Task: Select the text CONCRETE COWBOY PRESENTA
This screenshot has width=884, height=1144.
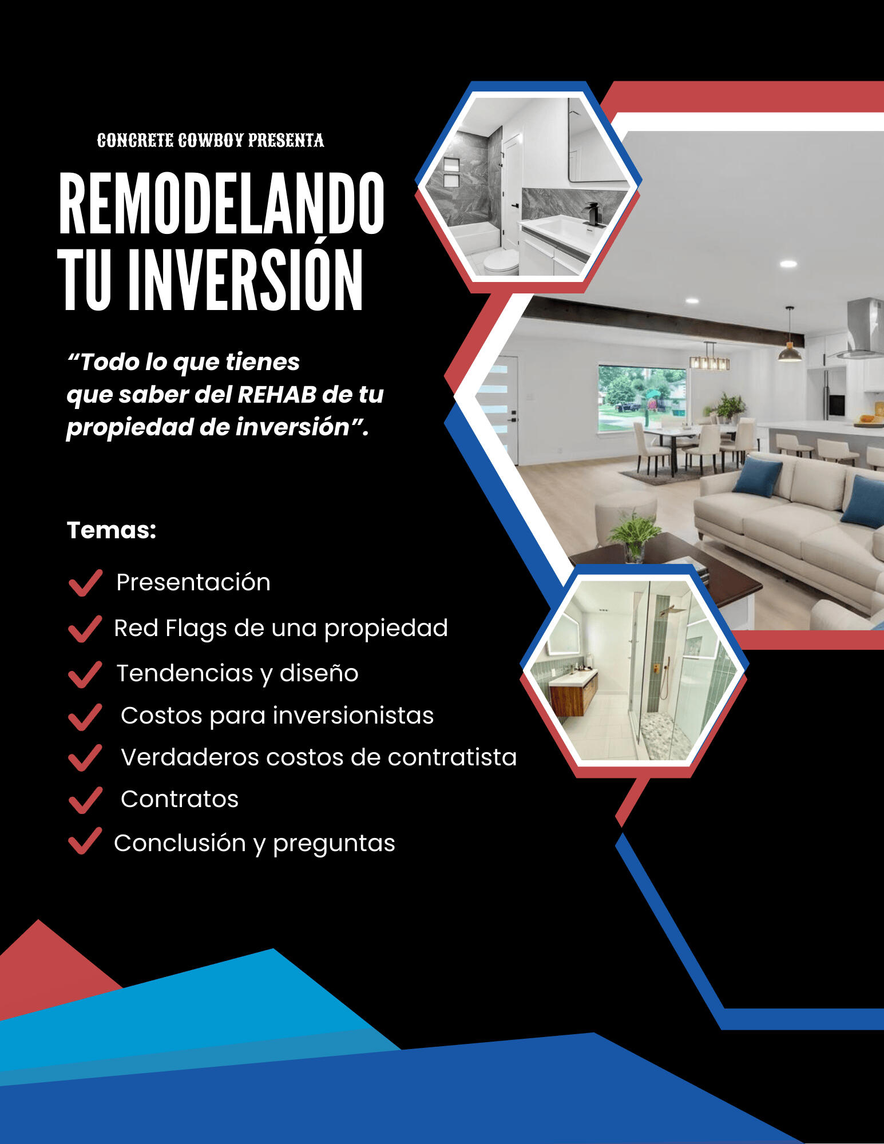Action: click(x=211, y=141)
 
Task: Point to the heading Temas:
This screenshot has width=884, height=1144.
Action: click(x=112, y=530)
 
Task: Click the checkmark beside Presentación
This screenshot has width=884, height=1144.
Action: click(x=85, y=583)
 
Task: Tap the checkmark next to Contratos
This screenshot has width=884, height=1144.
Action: click(x=85, y=800)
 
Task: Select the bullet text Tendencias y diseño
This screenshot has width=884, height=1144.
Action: click(x=237, y=674)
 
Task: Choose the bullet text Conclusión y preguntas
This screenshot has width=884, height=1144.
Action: click(x=255, y=844)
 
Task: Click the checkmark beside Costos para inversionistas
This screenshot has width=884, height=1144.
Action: click(x=85, y=717)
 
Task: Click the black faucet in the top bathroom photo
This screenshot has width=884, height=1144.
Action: click(x=593, y=214)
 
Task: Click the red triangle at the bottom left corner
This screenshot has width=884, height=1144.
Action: click(x=51, y=967)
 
